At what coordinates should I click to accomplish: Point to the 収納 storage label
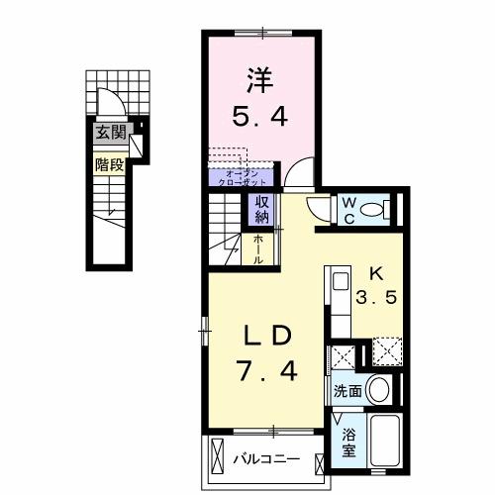point(261,209)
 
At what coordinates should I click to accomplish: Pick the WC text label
point(349,208)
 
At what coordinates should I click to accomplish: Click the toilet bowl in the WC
point(373,209)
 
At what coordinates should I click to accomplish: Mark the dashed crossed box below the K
point(385,350)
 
